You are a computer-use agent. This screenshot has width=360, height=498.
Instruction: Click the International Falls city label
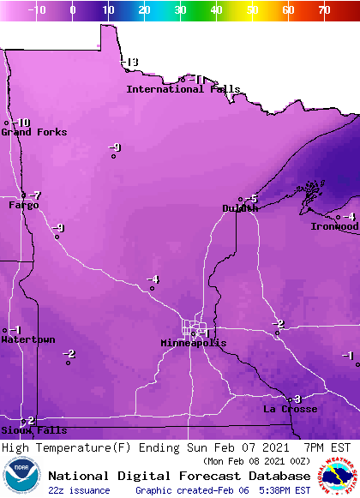click(183, 89)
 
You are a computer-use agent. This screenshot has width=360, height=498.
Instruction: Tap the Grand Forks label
click(33, 132)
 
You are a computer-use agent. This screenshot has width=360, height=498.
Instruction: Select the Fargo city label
click(24, 206)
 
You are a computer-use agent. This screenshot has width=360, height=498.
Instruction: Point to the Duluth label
click(240, 208)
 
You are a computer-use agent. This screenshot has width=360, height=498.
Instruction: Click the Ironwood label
click(334, 226)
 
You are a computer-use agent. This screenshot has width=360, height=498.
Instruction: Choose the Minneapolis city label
click(194, 343)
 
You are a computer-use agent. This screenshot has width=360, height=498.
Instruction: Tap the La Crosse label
click(290, 410)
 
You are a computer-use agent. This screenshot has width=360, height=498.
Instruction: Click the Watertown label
click(27, 340)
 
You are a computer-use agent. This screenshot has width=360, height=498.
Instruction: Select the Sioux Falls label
click(33, 430)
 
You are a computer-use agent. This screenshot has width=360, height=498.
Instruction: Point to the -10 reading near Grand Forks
click(21, 123)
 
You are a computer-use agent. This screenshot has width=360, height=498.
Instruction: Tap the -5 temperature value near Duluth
click(252, 199)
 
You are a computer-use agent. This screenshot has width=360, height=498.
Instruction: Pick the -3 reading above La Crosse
click(296, 399)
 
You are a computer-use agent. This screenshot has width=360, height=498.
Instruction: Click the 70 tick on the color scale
click(323, 9)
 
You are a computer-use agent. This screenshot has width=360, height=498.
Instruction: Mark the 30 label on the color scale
click(180, 9)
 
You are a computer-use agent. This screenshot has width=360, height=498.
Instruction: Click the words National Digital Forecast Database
click(179, 476)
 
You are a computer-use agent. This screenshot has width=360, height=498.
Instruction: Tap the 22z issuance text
click(80, 490)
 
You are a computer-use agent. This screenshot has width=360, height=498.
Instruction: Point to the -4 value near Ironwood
click(349, 216)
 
